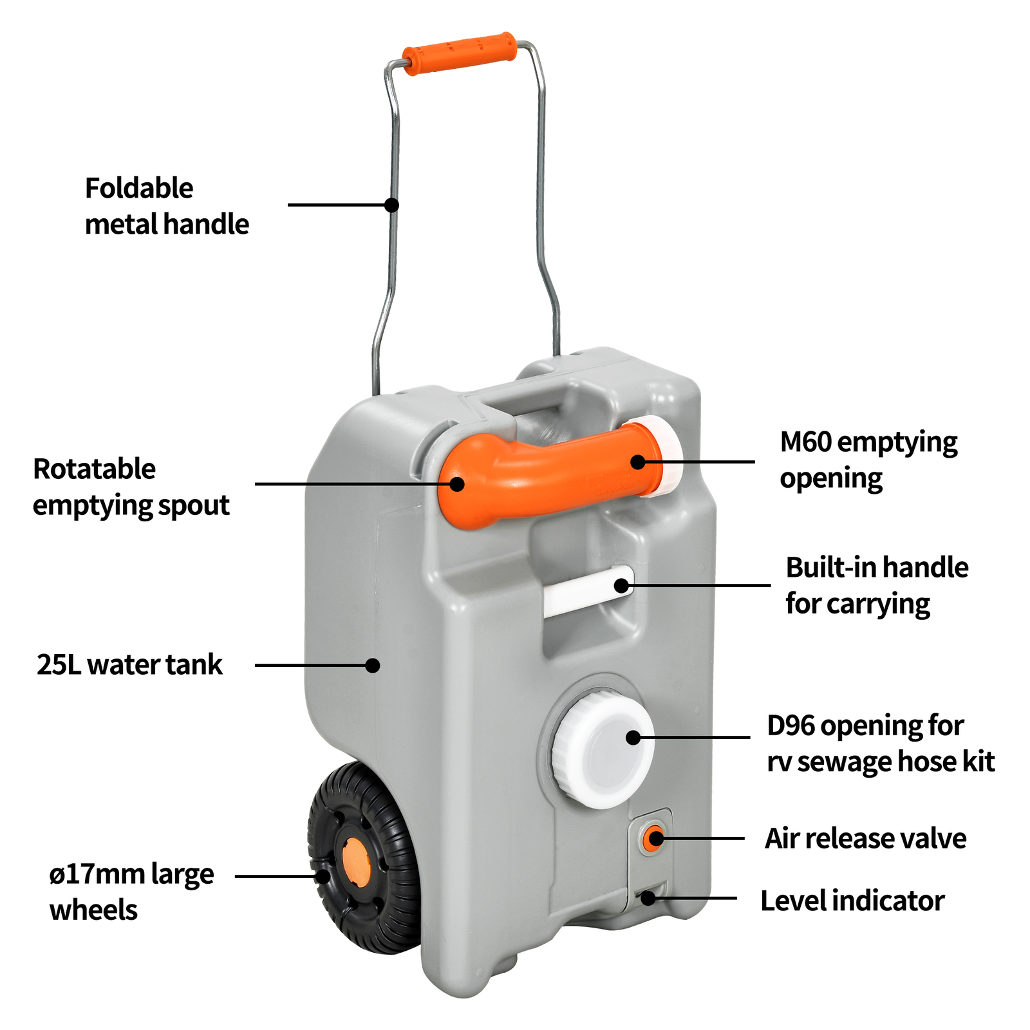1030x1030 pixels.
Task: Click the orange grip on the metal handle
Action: click(459, 53)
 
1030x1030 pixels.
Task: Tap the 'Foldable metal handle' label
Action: click(166, 206)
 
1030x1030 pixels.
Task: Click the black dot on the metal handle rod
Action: click(391, 205)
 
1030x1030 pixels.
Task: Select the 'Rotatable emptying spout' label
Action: click(131, 487)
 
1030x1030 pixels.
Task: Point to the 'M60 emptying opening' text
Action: click(868, 460)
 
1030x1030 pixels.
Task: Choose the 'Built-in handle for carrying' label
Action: click(876, 585)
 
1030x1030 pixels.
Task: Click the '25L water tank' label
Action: click(129, 664)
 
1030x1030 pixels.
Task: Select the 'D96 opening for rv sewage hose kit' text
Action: click(880, 743)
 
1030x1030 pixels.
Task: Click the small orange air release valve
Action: click(654, 838)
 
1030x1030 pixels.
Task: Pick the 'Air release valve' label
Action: click(865, 838)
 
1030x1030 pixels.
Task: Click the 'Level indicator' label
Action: click(852, 900)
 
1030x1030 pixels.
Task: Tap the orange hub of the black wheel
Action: click(355, 861)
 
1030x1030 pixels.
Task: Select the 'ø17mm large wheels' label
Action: click(131, 892)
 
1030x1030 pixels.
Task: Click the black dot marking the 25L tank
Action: click(372, 665)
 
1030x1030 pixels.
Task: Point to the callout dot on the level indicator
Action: click(648, 898)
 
